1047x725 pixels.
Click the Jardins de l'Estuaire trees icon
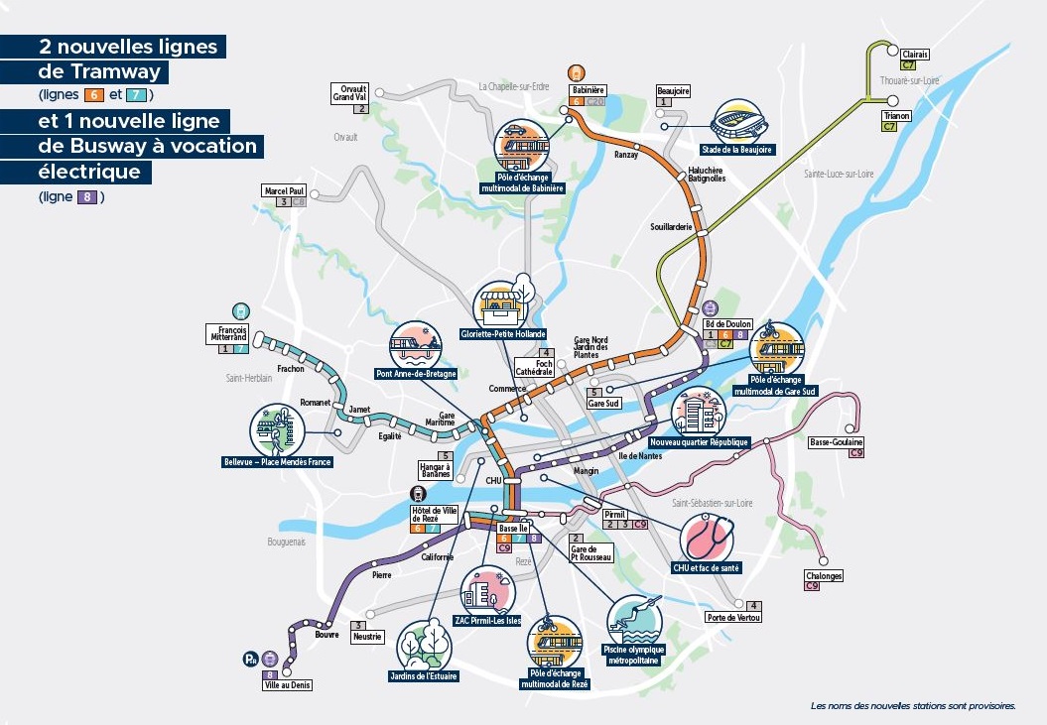tap(426, 645)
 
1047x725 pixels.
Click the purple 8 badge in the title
tap(86, 196)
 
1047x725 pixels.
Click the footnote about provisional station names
tap(913, 707)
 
